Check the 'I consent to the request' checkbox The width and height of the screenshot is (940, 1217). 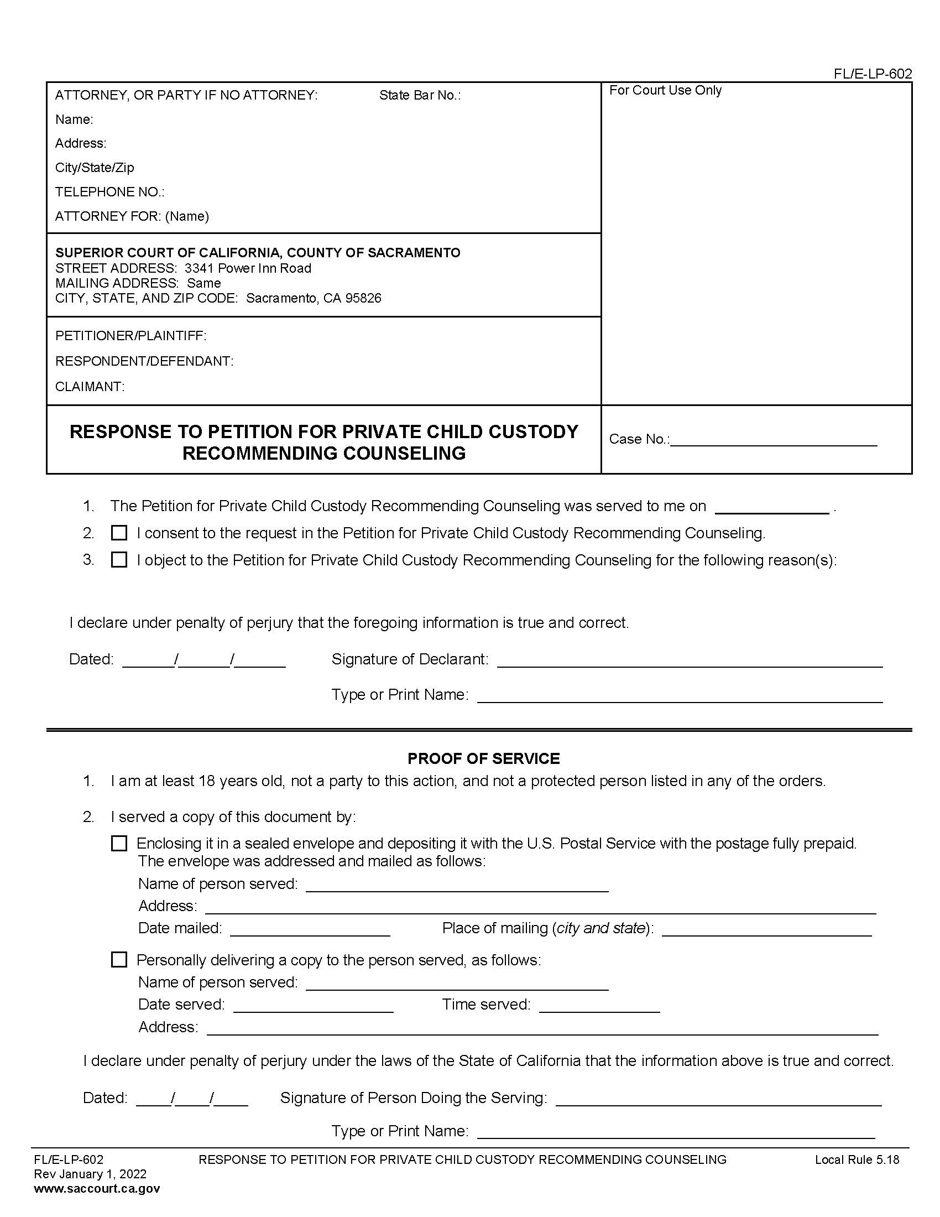(x=119, y=533)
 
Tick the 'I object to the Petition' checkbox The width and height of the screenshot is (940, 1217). (x=119, y=560)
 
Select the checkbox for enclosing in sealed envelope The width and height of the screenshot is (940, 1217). (x=119, y=843)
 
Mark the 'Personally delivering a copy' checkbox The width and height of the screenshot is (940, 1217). (x=119, y=960)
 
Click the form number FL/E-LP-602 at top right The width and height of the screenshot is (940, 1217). (x=872, y=74)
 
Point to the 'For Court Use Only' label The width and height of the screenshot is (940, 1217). (x=665, y=90)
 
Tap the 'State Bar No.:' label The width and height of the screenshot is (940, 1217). (x=420, y=95)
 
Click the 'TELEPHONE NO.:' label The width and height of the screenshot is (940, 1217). (x=109, y=193)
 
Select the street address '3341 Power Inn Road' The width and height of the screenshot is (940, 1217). (x=248, y=269)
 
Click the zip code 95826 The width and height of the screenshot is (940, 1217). (x=363, y=298)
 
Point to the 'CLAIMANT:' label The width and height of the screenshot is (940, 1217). (x=90, y=387)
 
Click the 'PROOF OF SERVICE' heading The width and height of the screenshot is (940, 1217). (x=483, y=758)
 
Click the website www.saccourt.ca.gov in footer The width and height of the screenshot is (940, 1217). (x=97, y=1189)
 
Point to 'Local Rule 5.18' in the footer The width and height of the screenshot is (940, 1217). (x=857, y=1159)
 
